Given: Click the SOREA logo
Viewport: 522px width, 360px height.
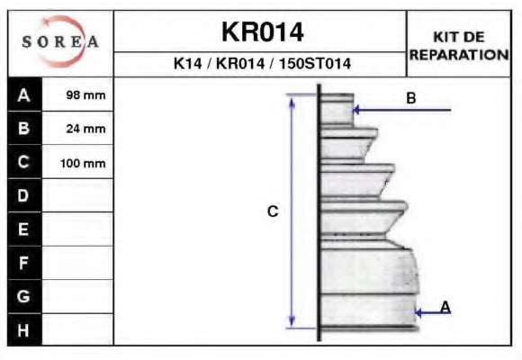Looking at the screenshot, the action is point(60,41).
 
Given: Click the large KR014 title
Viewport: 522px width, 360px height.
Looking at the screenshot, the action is point(262,32).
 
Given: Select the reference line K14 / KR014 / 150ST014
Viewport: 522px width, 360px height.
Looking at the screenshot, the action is point(262,63).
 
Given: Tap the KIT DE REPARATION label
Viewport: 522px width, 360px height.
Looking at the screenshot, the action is point(459,46).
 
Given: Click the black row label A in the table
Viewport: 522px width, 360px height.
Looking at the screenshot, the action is point(24,94).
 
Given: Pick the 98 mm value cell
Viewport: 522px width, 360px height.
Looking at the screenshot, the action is point(78,94).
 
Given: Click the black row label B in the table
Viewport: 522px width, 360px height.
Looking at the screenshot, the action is point(24,128).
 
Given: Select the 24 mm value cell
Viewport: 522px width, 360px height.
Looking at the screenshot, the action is point(78,128).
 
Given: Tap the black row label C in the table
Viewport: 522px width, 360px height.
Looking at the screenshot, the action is point(24,162).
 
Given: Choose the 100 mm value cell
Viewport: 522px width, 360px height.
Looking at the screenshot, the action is point(78,162).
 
